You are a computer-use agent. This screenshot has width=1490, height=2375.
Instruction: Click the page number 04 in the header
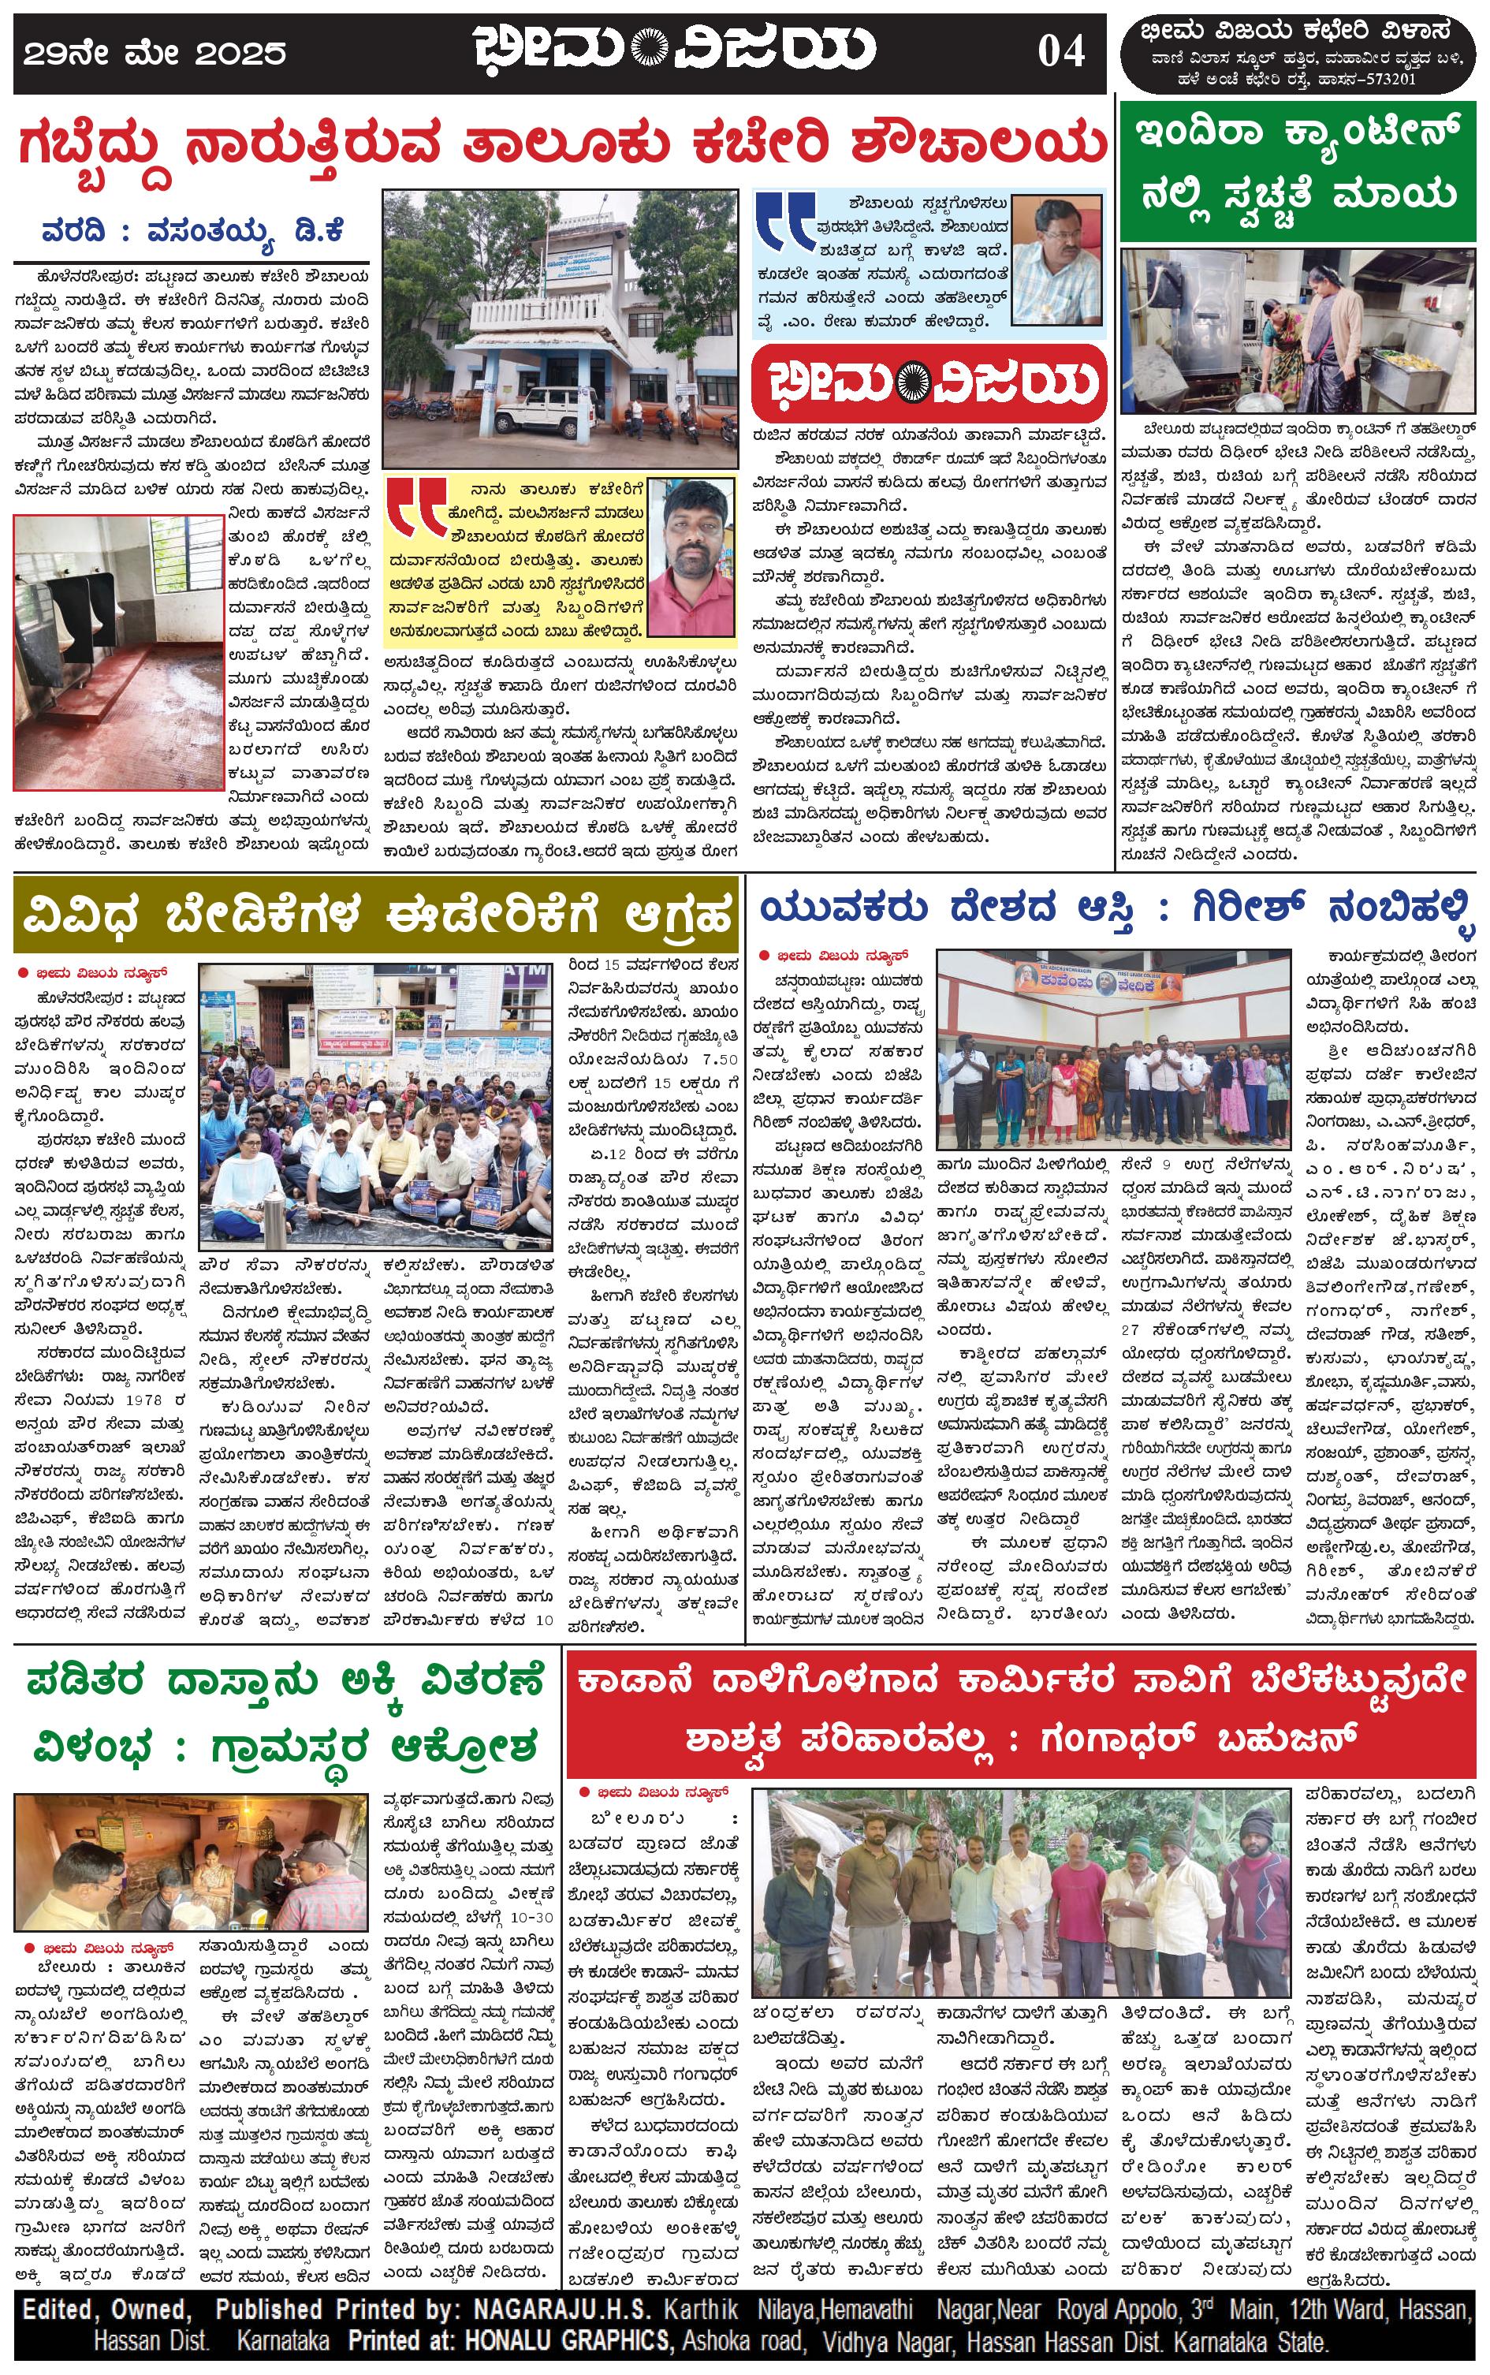[x=1060, y=51]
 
